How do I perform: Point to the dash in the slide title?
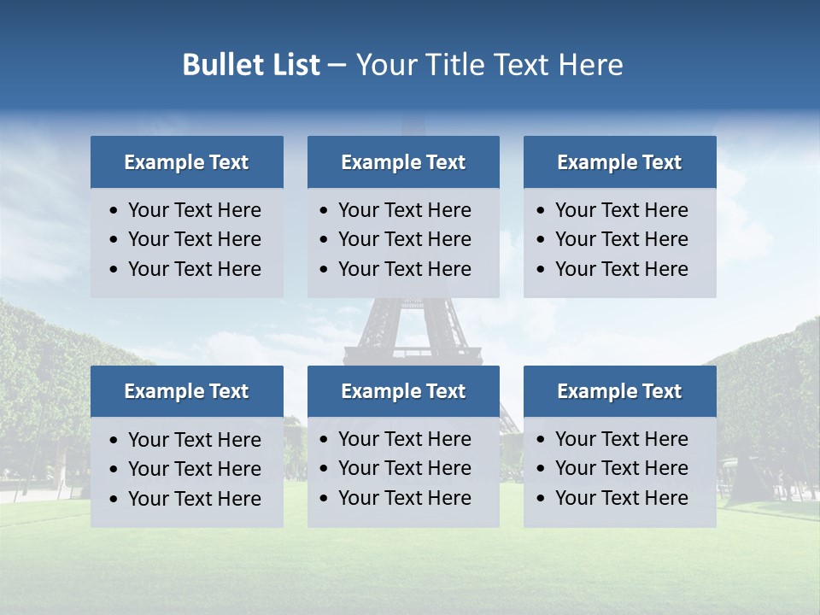coord(337,66)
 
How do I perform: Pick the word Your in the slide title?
coord(386,65)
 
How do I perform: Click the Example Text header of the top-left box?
coord(186,162)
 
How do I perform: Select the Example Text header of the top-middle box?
coord(403,162)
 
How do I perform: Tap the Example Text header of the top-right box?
coord(619,162)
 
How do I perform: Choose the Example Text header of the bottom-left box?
coord(186,391)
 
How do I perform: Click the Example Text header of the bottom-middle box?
coord(403,391)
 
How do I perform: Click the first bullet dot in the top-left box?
coord(114,211)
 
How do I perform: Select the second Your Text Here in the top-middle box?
coord(404,239)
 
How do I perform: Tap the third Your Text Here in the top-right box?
coord(621,269)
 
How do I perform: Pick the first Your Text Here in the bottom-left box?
coord(194,440)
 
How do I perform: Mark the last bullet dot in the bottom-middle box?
coord(325,498)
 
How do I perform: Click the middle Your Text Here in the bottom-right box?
coord(621,468)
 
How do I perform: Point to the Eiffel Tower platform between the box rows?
coord(413,351)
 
